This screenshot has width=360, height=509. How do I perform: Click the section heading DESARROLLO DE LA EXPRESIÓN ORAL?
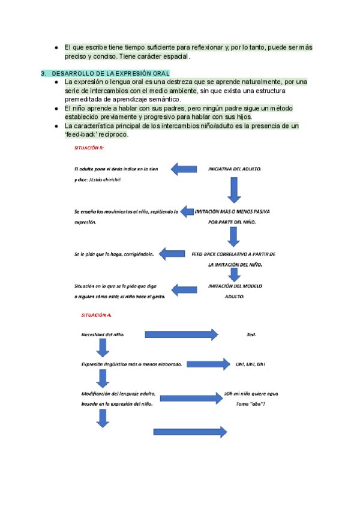110,74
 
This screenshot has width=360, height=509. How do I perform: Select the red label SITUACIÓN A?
96,315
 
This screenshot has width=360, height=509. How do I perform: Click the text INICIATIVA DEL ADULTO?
234,170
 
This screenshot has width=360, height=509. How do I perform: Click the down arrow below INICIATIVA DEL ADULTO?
234,190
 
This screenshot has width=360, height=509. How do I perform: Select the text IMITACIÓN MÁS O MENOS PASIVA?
233,212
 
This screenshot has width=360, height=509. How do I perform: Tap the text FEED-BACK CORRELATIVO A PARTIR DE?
233,253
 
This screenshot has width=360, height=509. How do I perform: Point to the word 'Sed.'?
251,334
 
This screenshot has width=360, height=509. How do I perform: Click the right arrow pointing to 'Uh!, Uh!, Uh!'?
209,364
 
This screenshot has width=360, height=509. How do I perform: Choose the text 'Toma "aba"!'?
251,404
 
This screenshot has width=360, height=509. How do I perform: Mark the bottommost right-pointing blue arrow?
190,432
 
